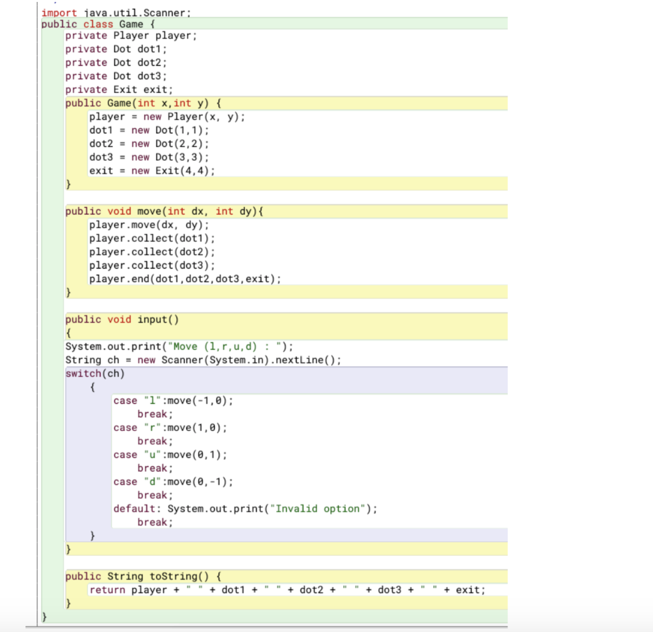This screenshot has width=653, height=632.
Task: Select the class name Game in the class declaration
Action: click(131, 24)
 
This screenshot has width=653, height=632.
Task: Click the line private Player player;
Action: click(131, 36)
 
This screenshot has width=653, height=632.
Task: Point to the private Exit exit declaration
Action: click(119, 89)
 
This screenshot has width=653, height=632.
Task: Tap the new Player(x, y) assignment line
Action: click(167, 117)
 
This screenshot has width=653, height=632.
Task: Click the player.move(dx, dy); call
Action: click(149, 225)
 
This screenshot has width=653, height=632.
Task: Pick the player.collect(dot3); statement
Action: click(152, 265)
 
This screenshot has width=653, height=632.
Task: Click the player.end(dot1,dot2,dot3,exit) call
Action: click(185, 279)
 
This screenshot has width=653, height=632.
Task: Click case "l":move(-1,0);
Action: click(173, 401)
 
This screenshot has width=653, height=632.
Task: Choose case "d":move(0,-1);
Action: click(173, 481)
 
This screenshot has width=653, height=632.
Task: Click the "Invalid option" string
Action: click(319, 509)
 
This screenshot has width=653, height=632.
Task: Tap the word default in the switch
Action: click(137, 509)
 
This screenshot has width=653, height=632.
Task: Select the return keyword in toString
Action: click(107, 590)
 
